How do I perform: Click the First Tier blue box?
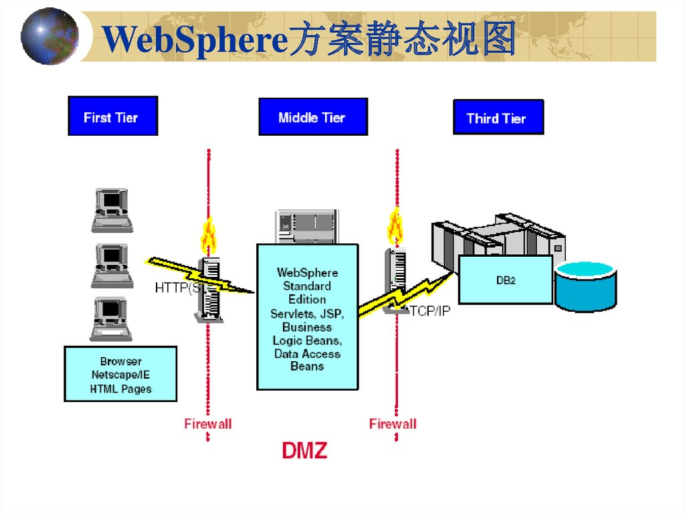coord(112,116)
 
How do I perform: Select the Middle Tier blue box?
coord(312,117)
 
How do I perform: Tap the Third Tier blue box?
coord(498,118)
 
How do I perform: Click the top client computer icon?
coord(112,209)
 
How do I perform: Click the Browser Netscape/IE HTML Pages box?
coord(120,374)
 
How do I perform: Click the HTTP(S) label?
coord(177,288)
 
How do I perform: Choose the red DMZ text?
coord(304,450)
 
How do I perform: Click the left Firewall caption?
coord(208,423)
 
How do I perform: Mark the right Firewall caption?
coord(393,423)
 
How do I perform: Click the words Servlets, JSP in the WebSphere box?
coord(307,313)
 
